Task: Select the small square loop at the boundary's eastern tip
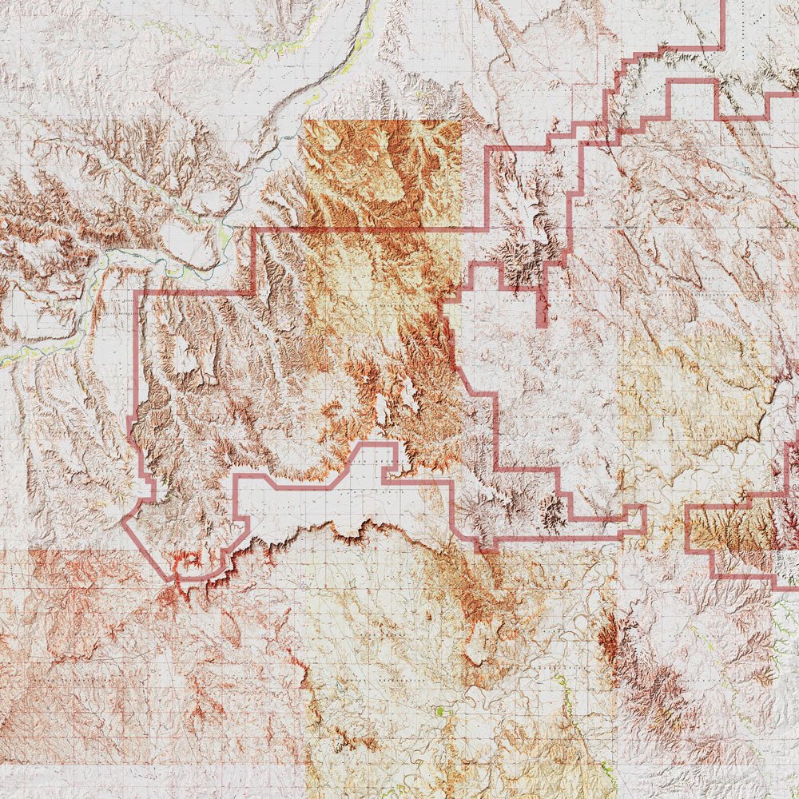(634, 519)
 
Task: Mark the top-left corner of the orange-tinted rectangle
(303, 121)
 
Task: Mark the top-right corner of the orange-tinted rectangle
(462, 121)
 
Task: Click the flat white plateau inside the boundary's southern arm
(320, 503)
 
